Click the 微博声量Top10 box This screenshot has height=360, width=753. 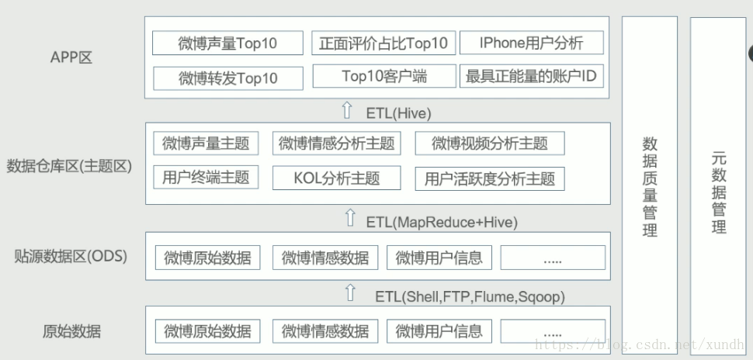point(227,43)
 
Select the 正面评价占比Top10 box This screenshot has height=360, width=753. point(383,43)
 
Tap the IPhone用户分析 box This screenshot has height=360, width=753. point(531,43)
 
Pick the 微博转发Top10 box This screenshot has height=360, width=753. point(227,78)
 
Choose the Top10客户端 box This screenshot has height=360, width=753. point(383,77)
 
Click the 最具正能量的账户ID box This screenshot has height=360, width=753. point(531,77)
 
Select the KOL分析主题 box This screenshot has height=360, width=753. point(337,178)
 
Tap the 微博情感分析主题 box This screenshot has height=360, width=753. point(337,144)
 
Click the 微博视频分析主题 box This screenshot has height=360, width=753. point(490,144)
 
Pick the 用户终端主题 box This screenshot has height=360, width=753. point(206,177)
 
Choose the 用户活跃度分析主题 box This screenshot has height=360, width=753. point(490,178)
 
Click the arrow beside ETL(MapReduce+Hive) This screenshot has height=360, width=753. point(349,219)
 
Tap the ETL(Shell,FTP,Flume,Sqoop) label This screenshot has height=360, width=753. point(470,296)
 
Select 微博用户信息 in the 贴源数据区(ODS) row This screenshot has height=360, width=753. point(439,258)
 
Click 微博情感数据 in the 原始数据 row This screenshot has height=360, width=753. point(325,331)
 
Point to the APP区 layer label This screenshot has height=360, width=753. point(71,57)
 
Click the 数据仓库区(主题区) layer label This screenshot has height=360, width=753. point(70,166)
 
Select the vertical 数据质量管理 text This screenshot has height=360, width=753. point(650,187)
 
